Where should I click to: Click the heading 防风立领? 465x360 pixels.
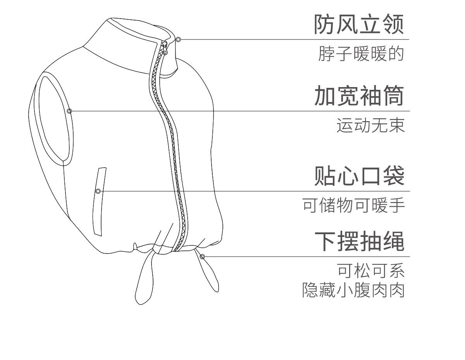[359, 24]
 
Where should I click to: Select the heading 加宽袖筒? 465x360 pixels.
[359, 96]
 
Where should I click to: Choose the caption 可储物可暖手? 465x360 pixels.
[353, 206]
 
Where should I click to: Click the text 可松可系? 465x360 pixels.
[371, 271]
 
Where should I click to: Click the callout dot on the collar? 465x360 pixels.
[178, 39]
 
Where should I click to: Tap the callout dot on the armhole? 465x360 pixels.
[69, 111]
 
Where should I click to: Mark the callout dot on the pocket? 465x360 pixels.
[98, 191]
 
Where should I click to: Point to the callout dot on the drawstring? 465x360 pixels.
[202, 256]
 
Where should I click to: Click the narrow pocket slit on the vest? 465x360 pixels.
[100, 201]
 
